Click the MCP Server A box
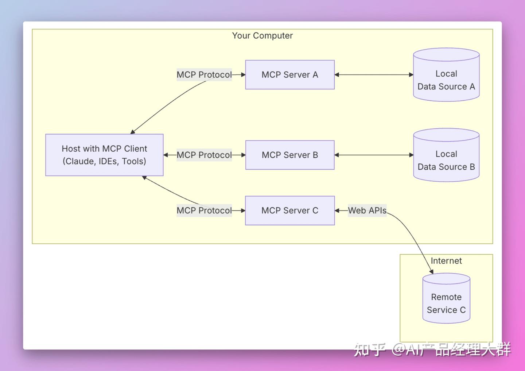point(290,75)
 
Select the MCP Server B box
point(290,155)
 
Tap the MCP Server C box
point(290,210)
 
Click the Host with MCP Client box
point(104,155)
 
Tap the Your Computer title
point(262,36)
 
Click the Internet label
point(446,261)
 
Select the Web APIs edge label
point(367,210)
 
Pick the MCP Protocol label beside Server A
point(204,75)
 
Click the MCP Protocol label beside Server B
point(204,155)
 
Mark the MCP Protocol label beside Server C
point(204,210)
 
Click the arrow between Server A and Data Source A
point(374,75)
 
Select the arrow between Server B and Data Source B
point(374,155)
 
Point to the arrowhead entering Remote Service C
point(432,271)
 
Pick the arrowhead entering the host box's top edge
point(133,132)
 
